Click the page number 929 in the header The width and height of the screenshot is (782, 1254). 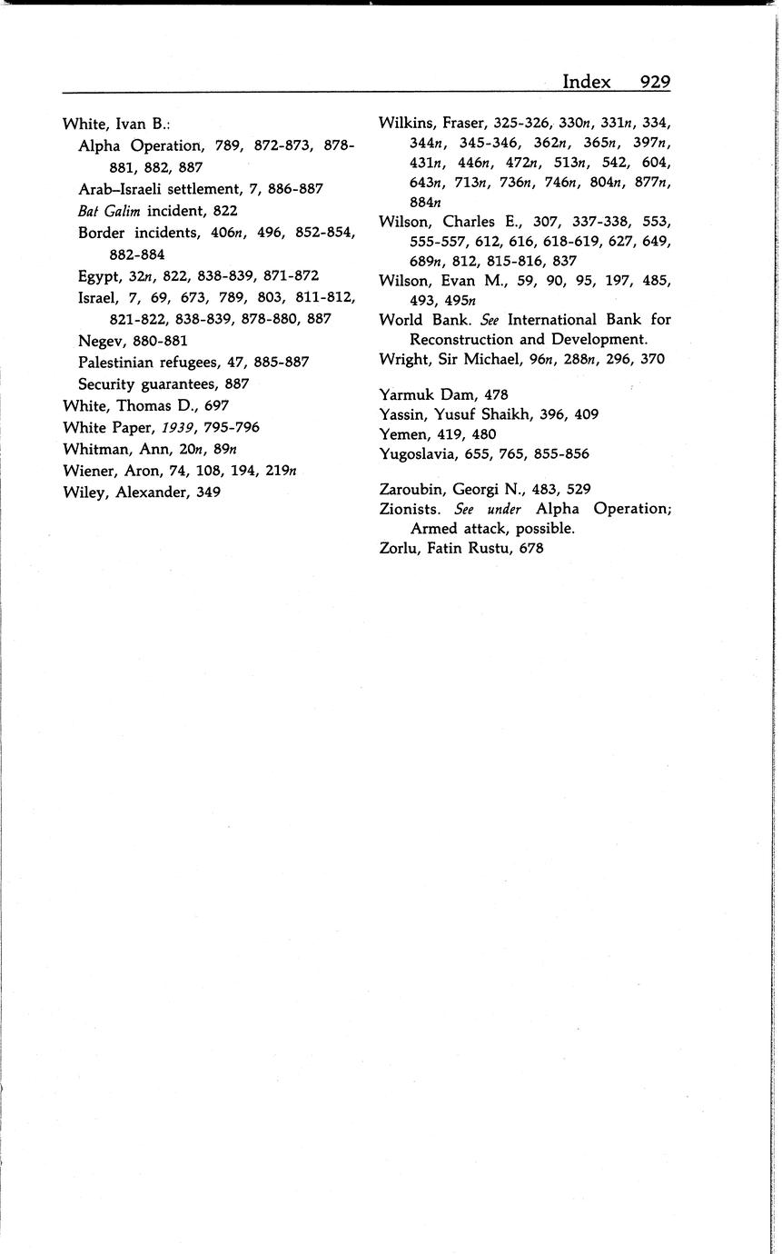654,82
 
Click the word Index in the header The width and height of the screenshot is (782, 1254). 586,82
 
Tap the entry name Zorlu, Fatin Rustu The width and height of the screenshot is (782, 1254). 445,548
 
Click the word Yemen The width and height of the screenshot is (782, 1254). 401,433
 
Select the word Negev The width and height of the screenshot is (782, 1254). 100,342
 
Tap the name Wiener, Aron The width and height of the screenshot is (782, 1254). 108,471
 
